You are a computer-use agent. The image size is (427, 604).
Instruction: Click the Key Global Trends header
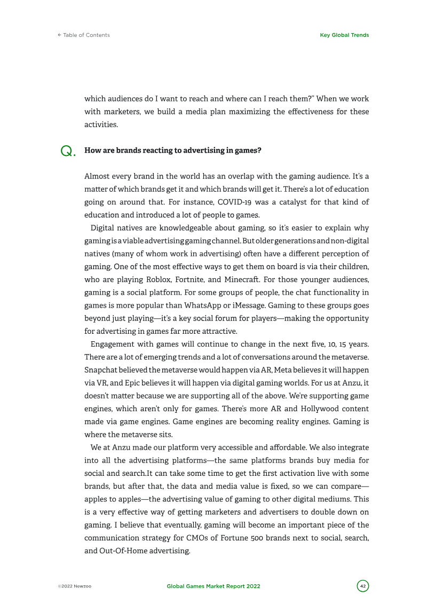(344, 35)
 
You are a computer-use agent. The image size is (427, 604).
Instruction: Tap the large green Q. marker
(68, 152)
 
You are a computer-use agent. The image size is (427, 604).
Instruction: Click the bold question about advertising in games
(173, 151)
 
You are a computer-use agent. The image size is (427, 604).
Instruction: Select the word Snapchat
(99, 369)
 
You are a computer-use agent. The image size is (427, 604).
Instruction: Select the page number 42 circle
(363, 586)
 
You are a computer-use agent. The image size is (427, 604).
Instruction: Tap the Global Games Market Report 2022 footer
(213, 586)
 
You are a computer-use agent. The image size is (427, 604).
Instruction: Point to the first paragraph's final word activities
(102, 124)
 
